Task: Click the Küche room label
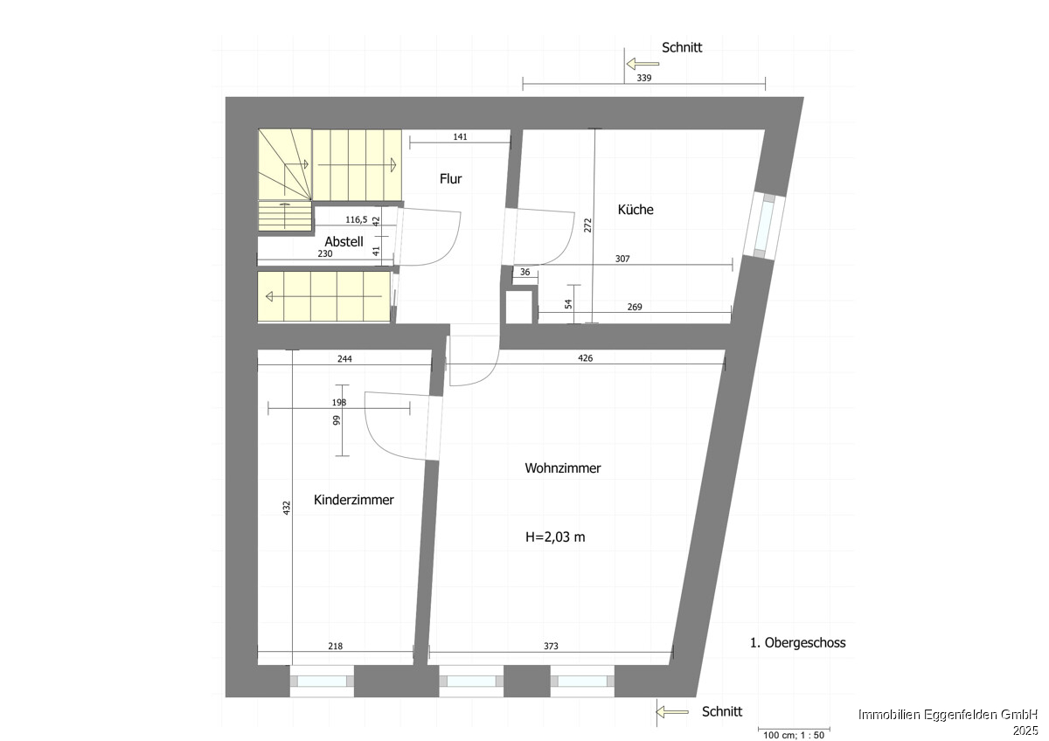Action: (636, 209)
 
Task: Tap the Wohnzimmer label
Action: (562, 468)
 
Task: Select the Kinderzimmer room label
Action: (353, 500)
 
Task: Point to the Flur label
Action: (450, 178)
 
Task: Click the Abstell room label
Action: (344, 241)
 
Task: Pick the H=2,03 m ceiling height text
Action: (555, 537)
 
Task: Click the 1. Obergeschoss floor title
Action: (798, 643)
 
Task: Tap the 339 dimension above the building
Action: (644, 78)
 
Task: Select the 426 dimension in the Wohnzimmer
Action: (586, 358)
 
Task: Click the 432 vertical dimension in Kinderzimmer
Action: (287, 508)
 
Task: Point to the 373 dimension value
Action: (552, 646)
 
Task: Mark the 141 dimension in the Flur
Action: (461, 136)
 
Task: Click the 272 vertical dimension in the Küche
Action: (587, 225)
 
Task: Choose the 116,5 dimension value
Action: (357, 219)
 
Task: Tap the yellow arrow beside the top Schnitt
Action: (643, 64)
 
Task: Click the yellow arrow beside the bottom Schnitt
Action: (672, 712)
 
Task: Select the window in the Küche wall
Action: (765, 225)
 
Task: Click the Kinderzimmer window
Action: (322, 681)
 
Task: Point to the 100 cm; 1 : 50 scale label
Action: (794, 735)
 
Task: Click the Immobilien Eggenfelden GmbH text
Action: (948, 714)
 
